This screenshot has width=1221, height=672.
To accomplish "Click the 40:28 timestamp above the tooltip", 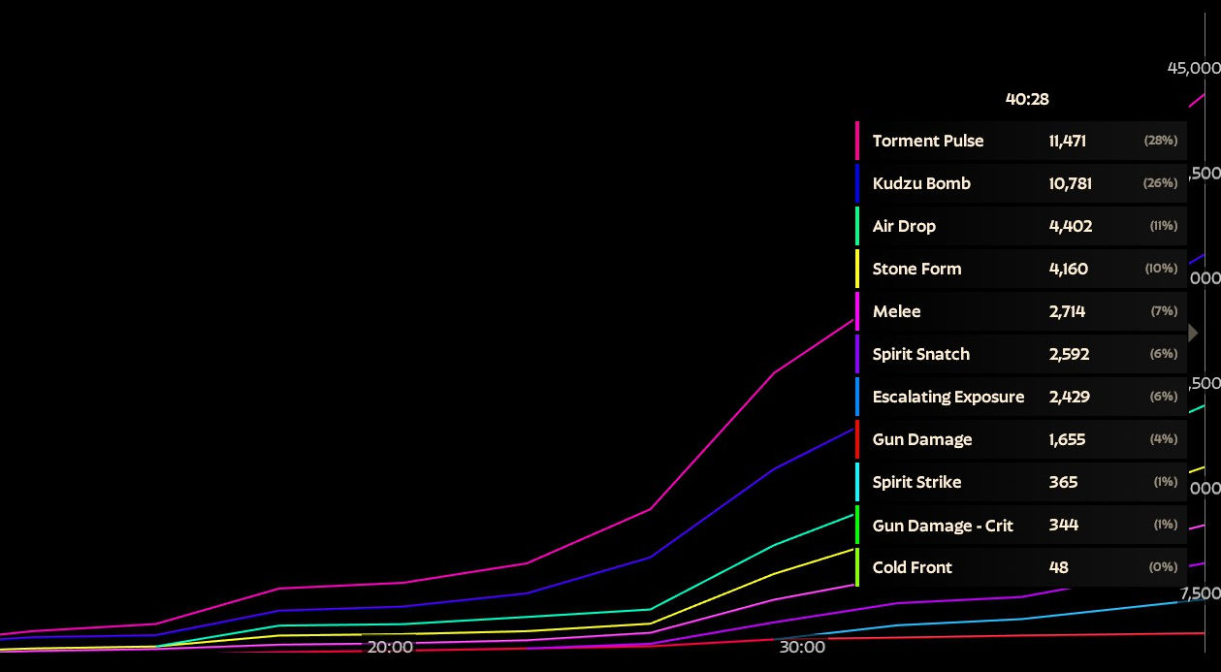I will coord(1027,99).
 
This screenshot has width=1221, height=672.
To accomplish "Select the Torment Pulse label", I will coord(927,141).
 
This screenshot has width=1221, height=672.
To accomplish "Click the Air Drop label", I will coord(904,226).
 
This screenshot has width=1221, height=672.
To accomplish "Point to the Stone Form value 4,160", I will coord(1068,269).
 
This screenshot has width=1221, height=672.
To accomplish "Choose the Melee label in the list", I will coord(896,311).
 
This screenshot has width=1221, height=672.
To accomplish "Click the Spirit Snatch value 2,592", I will coord(1069,354).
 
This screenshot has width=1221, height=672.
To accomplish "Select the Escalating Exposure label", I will coord(948,397).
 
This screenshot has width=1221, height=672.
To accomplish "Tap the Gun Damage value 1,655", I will coord(1067,439).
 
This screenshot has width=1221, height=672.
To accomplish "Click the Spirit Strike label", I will coord(916,482).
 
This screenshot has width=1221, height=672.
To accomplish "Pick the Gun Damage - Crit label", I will coord(943,526).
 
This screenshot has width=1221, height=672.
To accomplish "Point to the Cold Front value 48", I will coord(1058,567).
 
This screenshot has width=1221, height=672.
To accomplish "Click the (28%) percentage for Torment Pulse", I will coord(1161,141).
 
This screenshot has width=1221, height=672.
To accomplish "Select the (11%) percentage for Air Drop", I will coord(1163,226).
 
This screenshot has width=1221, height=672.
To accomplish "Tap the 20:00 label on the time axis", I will coord(390,647).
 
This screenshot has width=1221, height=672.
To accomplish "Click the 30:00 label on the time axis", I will coord(802,647).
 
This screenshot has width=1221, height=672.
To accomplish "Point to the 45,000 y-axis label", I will coord(1193,68).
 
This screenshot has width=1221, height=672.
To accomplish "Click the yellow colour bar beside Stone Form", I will coord(857,269).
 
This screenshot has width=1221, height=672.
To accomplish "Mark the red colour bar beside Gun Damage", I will coord(857,439).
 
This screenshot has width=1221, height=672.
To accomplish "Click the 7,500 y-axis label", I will coord(1200,592).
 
